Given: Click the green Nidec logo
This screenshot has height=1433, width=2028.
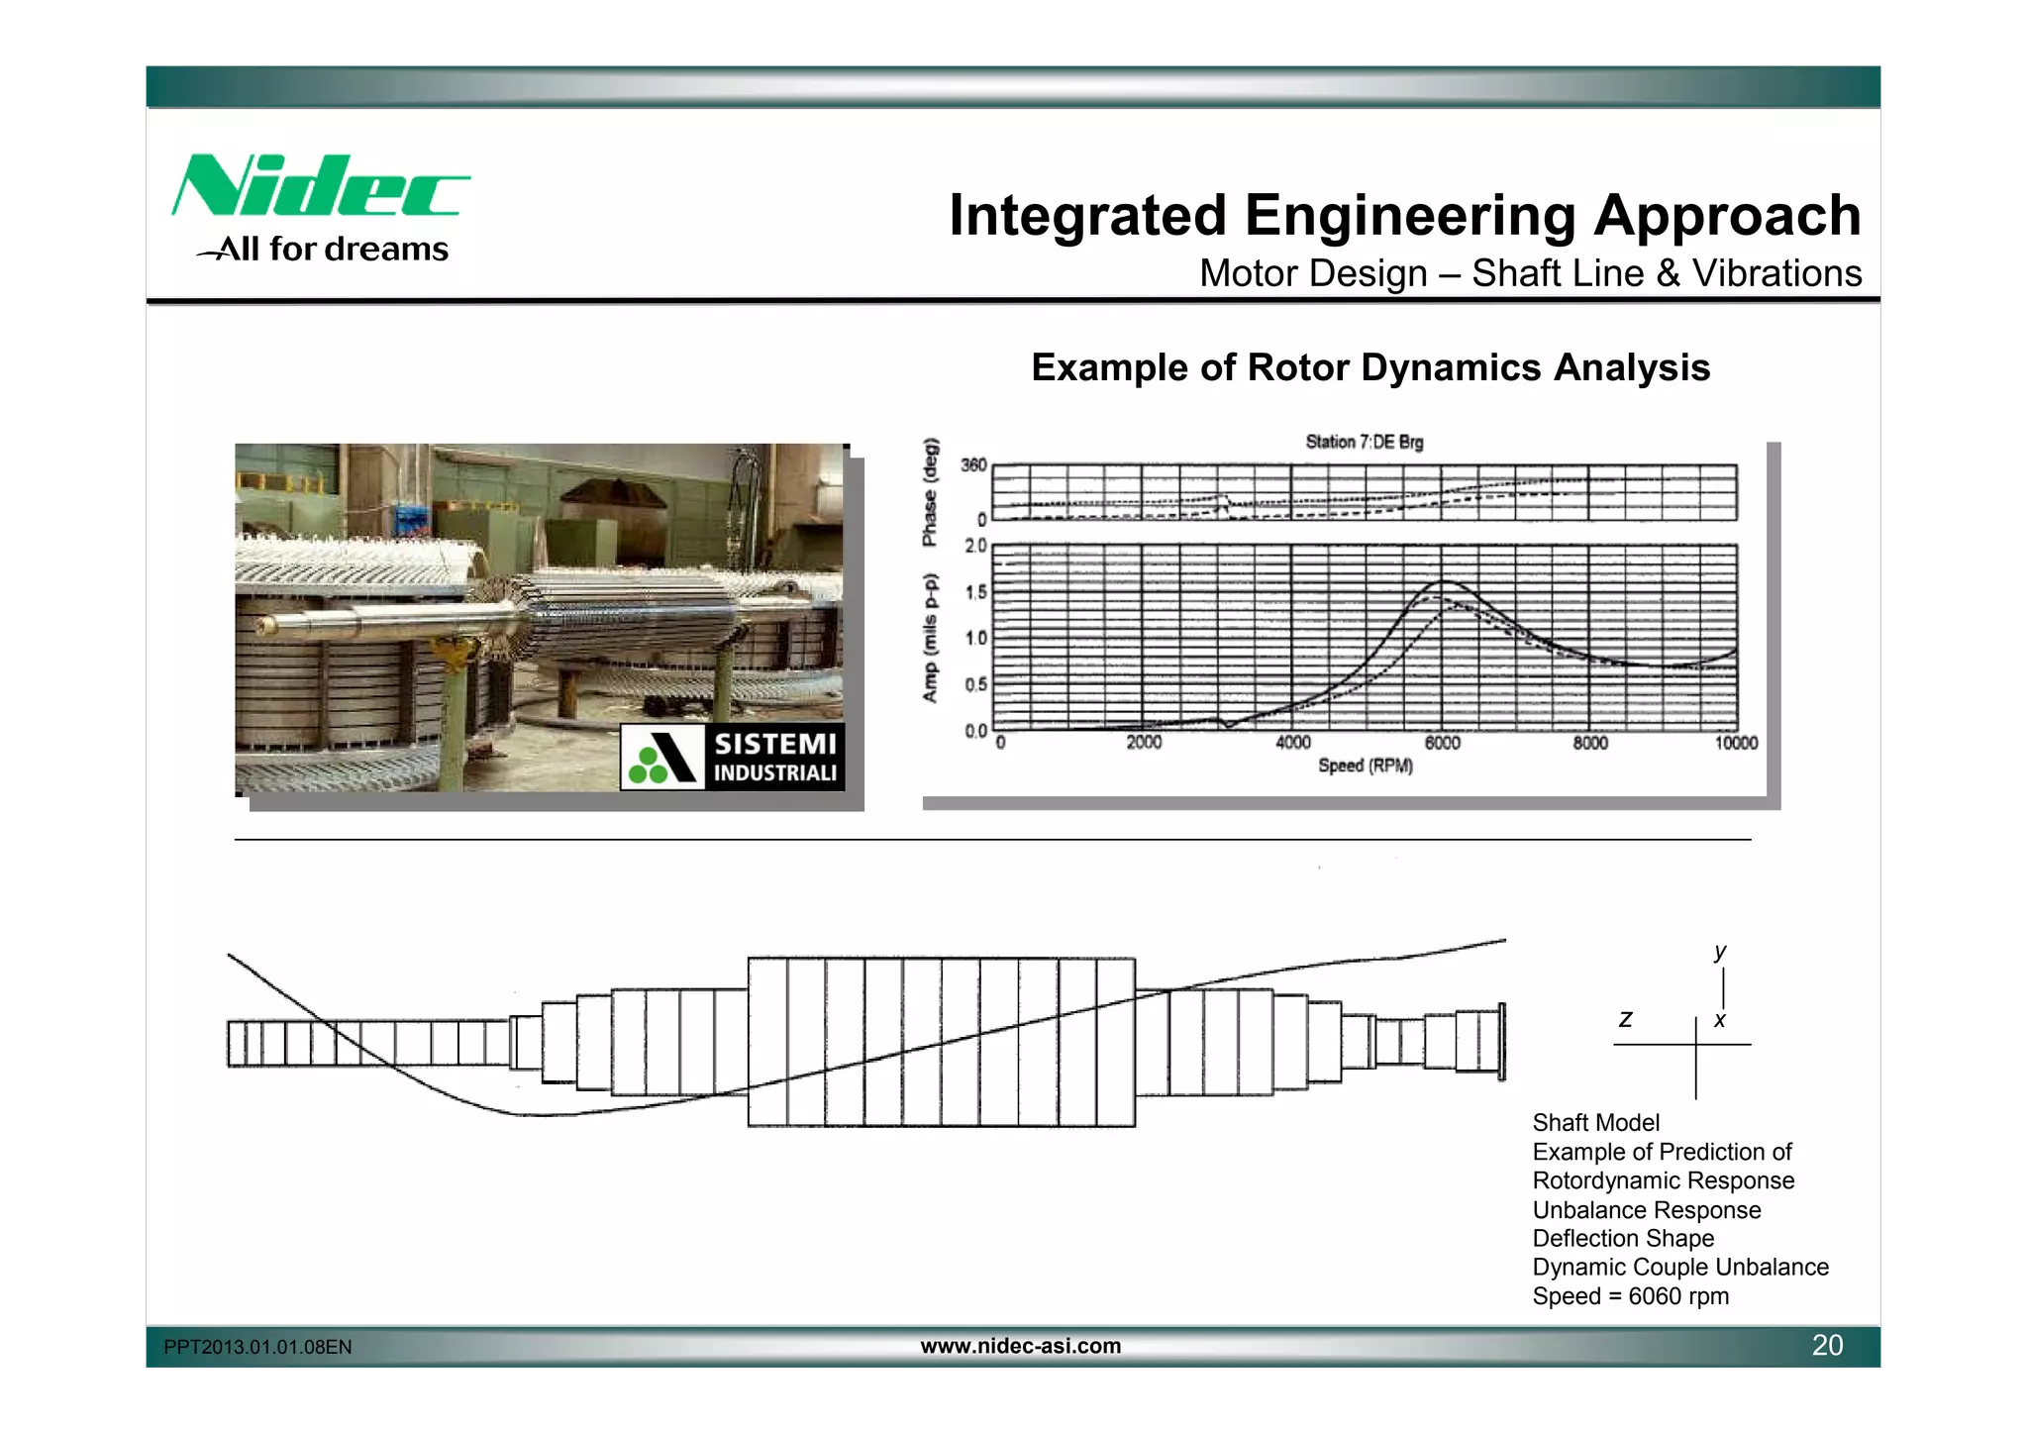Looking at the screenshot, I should coord(319,185).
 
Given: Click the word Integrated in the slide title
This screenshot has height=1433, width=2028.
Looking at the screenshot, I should coord(1087,215).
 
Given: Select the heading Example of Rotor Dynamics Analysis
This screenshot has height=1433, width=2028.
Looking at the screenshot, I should coord(1370,367).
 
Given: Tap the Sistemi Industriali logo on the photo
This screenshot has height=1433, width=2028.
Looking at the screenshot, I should coord(732,758).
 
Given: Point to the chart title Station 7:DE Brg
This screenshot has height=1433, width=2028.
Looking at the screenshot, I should coord(1364,442).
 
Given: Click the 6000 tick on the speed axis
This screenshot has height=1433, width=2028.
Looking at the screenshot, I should coord(1442,743).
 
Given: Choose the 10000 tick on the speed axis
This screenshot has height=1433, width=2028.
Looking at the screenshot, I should coord(1736,743).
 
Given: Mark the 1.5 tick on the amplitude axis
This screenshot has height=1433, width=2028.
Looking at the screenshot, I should coord(975,592).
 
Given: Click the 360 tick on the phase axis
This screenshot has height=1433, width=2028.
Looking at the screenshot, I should coord(973,464).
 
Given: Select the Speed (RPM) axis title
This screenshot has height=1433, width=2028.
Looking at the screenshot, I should coord(1365,766).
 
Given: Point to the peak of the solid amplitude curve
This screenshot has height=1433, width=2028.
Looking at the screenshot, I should coord(1445,580).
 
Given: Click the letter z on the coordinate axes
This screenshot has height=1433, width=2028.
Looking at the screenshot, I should coord(1625,1019).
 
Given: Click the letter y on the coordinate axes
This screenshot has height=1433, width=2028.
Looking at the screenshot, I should coord(1720,951).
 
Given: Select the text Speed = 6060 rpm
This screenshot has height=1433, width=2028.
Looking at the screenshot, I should coord(1630,1296).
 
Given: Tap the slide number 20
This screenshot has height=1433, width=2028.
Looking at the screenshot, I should coord(1827,1345).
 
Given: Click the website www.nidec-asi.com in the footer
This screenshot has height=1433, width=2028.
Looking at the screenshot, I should coord(1021,1345).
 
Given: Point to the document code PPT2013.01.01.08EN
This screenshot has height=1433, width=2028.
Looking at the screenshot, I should coord(257,1347).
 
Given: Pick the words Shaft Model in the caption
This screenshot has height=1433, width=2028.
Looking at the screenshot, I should coord(1595,1122).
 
